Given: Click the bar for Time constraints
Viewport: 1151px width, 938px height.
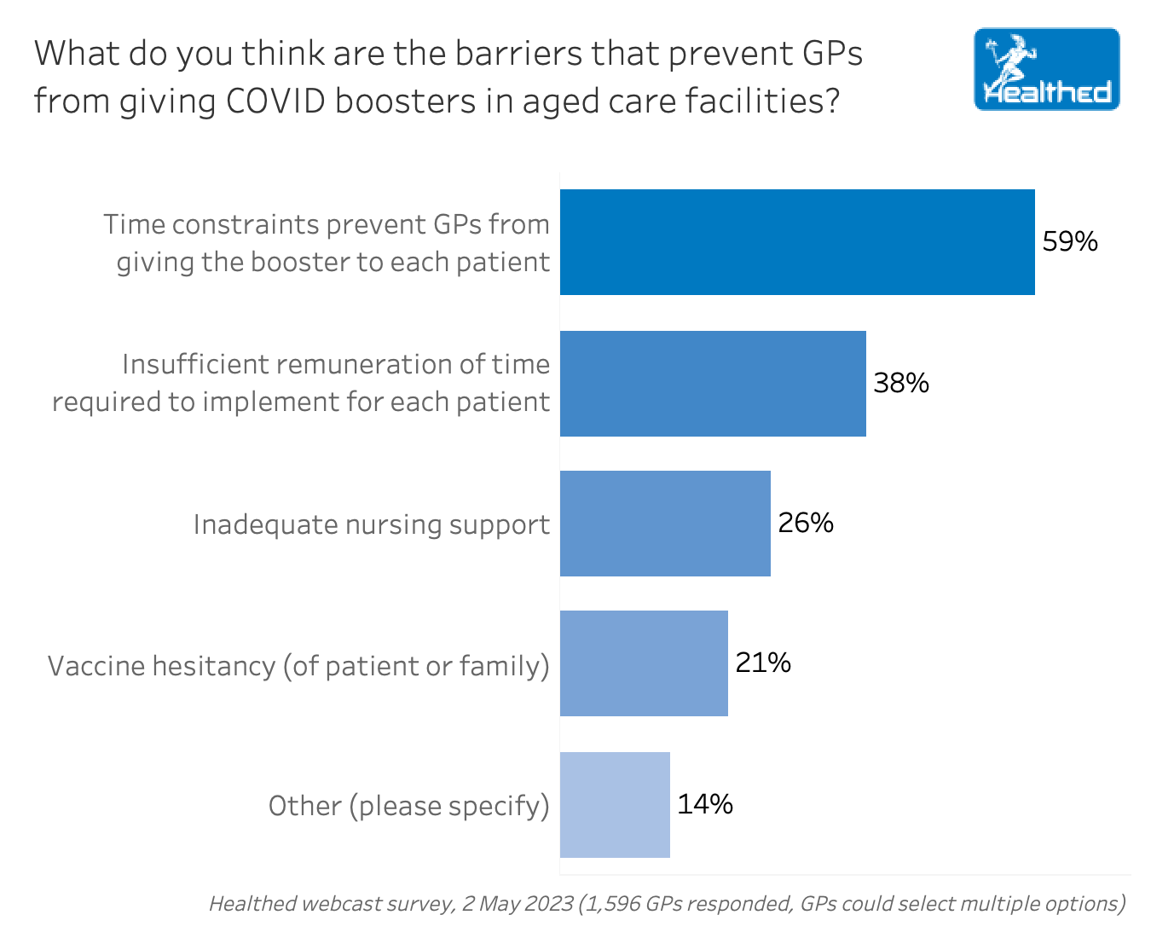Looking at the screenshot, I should coord(797,242).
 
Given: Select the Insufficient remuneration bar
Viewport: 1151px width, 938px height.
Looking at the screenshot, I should coord(713,384).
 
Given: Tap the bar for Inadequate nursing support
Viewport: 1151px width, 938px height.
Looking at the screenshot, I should coord(665,524).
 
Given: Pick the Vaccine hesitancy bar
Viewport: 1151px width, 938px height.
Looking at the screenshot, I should coord(644,663).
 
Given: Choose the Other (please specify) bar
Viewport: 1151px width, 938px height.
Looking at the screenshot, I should coord(615,805).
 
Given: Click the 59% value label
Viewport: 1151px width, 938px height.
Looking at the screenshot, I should coord(1070,241).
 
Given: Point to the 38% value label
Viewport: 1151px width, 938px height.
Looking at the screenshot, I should coord(901,383).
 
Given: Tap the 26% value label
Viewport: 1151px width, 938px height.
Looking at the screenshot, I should coord(806,523).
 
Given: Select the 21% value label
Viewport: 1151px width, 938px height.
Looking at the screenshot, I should coord(763,663).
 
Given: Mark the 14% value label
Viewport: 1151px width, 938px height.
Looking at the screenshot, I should coord(705,804).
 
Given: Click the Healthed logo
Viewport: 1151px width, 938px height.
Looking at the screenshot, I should coord(1046,70).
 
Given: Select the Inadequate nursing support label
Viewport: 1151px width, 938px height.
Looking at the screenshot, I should coord(371,524).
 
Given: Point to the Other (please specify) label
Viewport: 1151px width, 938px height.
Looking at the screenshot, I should coord(408,806).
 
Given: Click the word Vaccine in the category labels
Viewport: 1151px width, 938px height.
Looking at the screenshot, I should coord(95,665).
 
